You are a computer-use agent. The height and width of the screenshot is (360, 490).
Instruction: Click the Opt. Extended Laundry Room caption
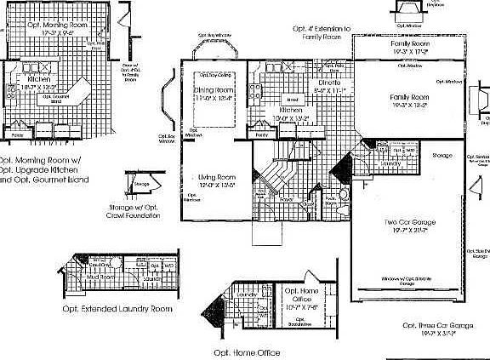pos(117,309)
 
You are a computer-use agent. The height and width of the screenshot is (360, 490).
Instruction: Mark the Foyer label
pos(288,201)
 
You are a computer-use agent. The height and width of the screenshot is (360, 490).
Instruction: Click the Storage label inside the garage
pos(442,157)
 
